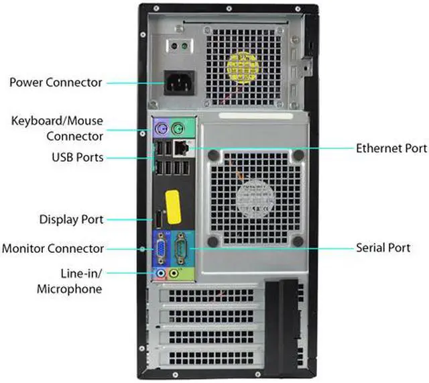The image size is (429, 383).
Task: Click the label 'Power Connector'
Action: pyautogui.click(x=56, y=83)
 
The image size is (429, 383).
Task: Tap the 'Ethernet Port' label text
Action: pyautogui.click(x=391, y=148)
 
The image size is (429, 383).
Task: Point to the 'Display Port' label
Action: pyautogui.click(x=71, y=219)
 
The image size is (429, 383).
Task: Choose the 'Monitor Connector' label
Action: pyautogui.click(x=52, y=248)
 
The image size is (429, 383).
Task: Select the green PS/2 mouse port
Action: pyautogui.click(x=177, y=129)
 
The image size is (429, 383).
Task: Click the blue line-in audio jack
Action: pyautogui.click(x=161, y=273)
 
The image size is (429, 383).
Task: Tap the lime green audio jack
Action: pyautogui.click(x=174, y=273)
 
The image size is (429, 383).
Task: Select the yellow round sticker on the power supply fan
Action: pyautogui.click(x=242, y=66)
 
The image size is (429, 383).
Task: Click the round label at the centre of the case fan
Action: pyautogui.click(x=255, y=197)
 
